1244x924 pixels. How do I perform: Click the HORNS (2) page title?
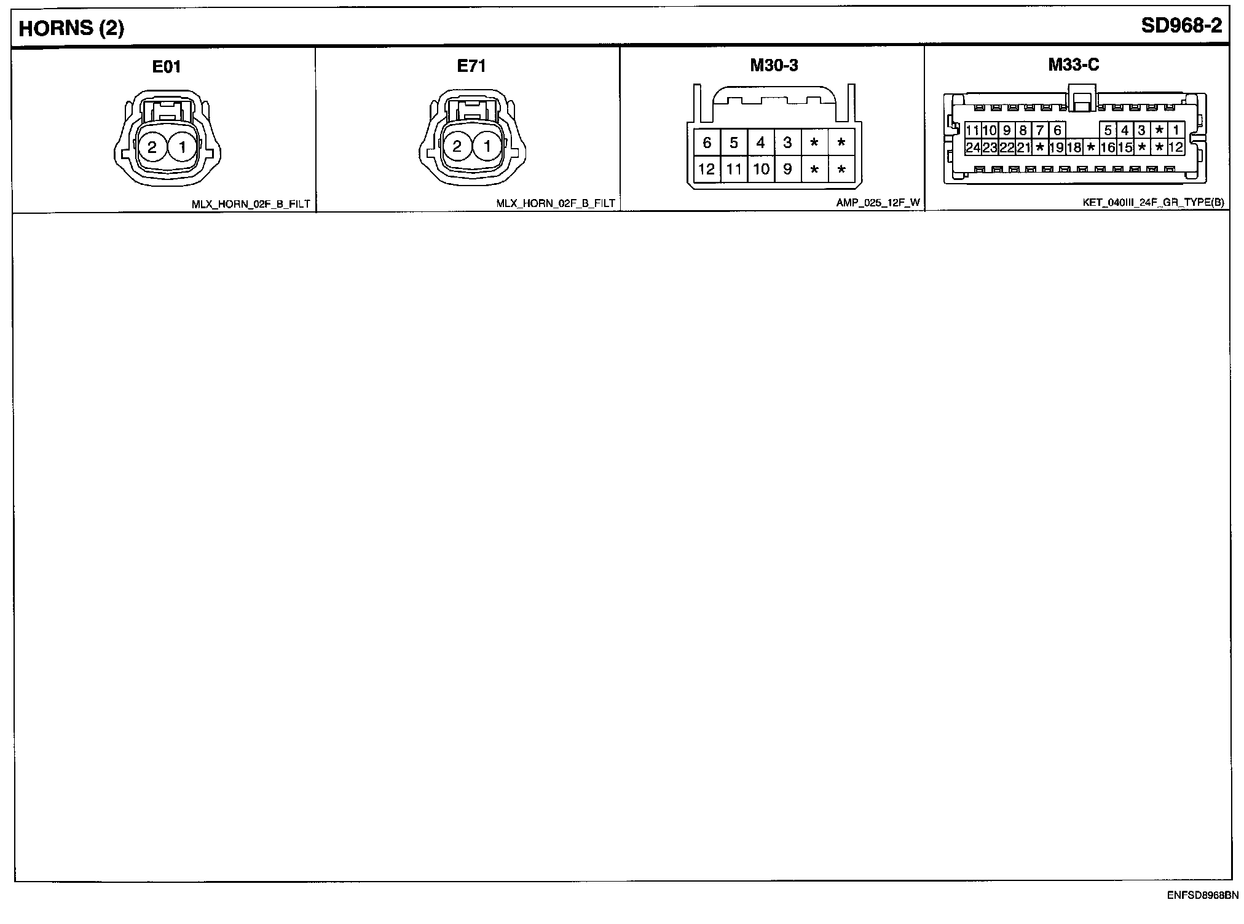pyautogui.click(x=71, y=28)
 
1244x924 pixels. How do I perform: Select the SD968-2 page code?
pyautogui.click(x=1181, y=26)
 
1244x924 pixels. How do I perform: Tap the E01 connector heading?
pyautogui.click(x=167, y=66)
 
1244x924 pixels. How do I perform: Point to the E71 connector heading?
pyautogui.click(x=471, y=66)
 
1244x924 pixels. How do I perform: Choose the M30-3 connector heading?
pyautogui.click(x=774, y=65)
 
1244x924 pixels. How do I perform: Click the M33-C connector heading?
pyautogui.click(x=1074, y=65)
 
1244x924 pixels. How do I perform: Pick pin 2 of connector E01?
pyautogui.click(x=152, y=147)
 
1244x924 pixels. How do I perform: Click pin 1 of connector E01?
pyautogui.click(x=183, y=147)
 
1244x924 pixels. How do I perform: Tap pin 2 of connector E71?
pyautogui.click(x=457, y=147)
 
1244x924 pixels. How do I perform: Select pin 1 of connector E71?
pyautogui.click(x=487, y=147)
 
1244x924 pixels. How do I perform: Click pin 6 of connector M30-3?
pyautogui.click(x=707, y=143)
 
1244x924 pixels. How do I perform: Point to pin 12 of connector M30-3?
pyautogui.click(x=707, y=169)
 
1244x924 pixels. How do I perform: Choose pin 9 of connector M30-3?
pyautogui.click(x=787, y=169)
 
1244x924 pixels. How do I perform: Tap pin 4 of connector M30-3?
pyautogui.click(x=760, y=143)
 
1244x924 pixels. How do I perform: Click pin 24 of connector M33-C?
pyautogui.click(x=972, y=147)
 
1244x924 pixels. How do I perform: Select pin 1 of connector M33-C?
pyautogui.click(x=1176, y=130)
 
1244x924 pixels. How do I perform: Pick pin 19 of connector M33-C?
pyautogui.click(x=1057, y=147)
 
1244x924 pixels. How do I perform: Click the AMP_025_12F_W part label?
pyautogui.click(x=878, y=202)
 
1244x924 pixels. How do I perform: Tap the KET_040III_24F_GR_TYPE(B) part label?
pyautogui.click(x=1153, y=202)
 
